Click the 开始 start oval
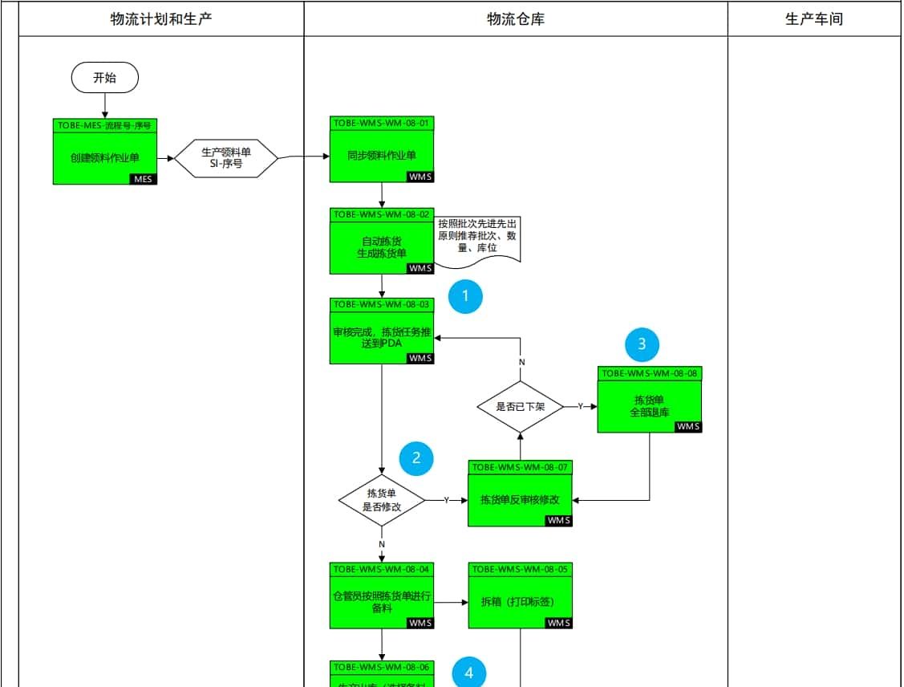104,78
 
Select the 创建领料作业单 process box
104,158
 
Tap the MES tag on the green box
143,179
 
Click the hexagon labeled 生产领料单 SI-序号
226,157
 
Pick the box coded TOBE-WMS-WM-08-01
382,155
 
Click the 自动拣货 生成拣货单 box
382,247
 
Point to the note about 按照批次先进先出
478,236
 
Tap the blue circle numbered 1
465,297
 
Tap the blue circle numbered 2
416,458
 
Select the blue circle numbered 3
642,344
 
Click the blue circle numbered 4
469,673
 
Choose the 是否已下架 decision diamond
521,406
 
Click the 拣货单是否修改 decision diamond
382,500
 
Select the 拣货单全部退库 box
650,406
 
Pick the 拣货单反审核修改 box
520,499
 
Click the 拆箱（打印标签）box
520,601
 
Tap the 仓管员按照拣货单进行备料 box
382,601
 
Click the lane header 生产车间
813,19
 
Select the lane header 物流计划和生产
161,19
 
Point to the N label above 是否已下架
521,362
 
